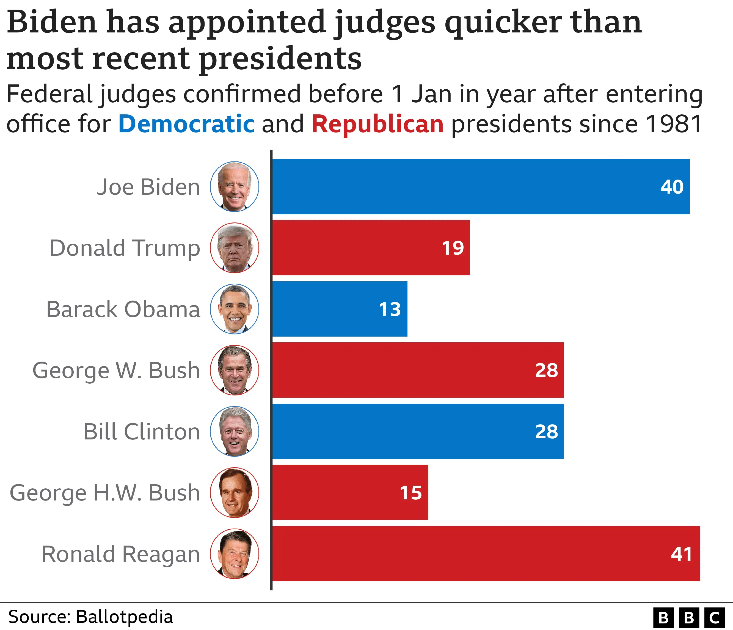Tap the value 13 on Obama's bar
(390, 309)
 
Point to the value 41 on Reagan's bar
(681, 554)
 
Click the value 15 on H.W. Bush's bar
(411, 493)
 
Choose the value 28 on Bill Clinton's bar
(547, 431)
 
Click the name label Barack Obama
(123, 309)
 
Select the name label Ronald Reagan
(121, 554)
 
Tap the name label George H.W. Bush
(105, 493)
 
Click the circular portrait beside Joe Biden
(235, 186)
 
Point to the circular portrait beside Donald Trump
(235, 247)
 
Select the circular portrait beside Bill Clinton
(235, 431)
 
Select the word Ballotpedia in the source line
(125, 617)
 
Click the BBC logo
(688, 618)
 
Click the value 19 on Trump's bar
(453, 247)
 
